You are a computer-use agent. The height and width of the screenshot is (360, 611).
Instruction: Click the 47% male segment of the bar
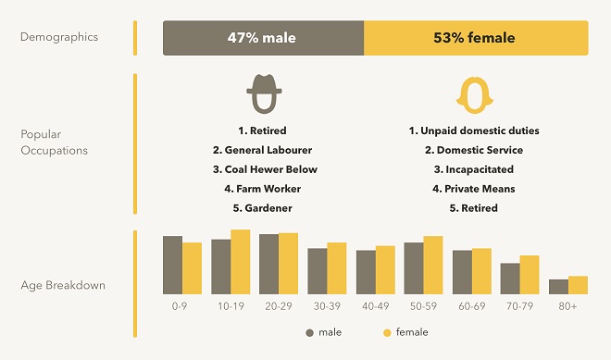click(x=264, y=39)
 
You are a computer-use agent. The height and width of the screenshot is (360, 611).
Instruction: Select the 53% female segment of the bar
click(x=476, y=39)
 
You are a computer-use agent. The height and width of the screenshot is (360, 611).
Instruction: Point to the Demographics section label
click(x=59, y=38)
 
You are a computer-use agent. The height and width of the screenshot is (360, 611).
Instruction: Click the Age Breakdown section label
click(x=63, y=285)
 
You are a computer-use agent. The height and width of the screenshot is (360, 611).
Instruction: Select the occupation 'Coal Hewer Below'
click(x=265, y=169)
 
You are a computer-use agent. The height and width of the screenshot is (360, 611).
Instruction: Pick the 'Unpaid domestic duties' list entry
click(x=474, y=130)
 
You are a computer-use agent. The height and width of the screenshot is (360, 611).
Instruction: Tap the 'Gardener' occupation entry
click(x=265, y=208)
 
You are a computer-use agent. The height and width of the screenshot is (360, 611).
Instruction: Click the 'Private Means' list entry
click(x=474, y=189)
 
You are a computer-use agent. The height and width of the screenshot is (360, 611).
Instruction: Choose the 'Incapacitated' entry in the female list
click(x=474, y=169)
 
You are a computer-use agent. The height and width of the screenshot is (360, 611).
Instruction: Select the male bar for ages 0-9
click(x=172, y=265)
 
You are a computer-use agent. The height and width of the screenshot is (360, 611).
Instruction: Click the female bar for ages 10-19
click(x=241, y=261)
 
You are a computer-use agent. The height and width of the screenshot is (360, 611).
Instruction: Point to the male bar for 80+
click(x=558, y=286)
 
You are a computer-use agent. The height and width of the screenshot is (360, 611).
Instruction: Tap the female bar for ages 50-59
click(x=433, y=265)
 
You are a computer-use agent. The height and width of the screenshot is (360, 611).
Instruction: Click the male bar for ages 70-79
click(x=510, y=278)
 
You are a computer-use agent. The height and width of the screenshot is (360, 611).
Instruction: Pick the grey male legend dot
click(x=309, y=332)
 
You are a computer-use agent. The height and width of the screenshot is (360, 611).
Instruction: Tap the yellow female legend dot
click(x=387, y=332)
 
